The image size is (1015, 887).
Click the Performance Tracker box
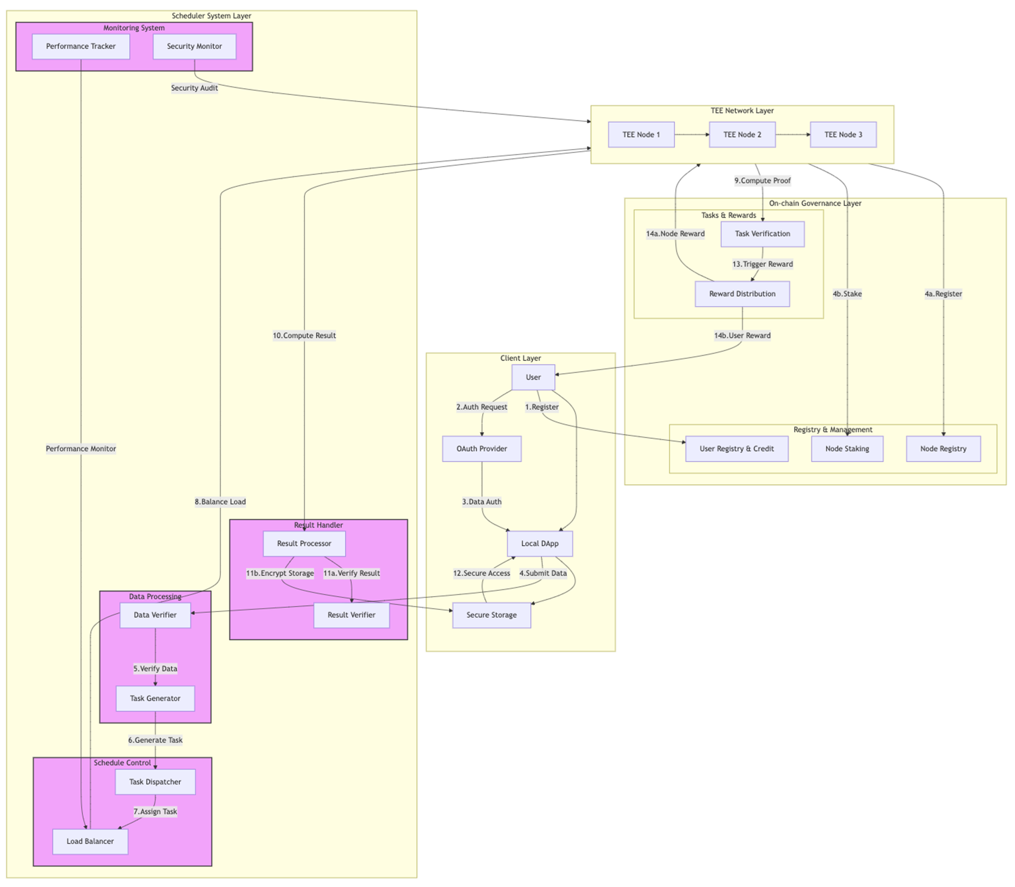[81, 47]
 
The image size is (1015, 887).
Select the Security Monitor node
[194, 47]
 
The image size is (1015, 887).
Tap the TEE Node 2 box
[742, 135]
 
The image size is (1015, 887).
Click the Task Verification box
[762, 234]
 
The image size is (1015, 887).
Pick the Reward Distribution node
[742, 294]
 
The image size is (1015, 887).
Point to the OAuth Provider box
[481, 449]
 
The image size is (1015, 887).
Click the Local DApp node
[539, 544]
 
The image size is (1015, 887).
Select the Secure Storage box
[491, 615]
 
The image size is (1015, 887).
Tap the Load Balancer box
[90, 841]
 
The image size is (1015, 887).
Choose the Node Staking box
[847, 449]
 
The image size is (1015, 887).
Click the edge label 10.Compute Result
[304, 335]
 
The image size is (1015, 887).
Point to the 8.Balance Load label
[220, 502]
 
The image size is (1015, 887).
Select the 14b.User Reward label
[742, 335]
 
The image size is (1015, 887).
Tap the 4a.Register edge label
[943, 294]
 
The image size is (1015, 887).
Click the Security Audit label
[194, 88]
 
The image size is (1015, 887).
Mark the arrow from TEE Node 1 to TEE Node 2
[691, 135]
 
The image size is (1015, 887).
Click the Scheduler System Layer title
[211, 16]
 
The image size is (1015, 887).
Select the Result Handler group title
[318, 525]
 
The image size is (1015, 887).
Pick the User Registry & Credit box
[736, 449]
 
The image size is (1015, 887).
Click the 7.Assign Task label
[155, 812]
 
